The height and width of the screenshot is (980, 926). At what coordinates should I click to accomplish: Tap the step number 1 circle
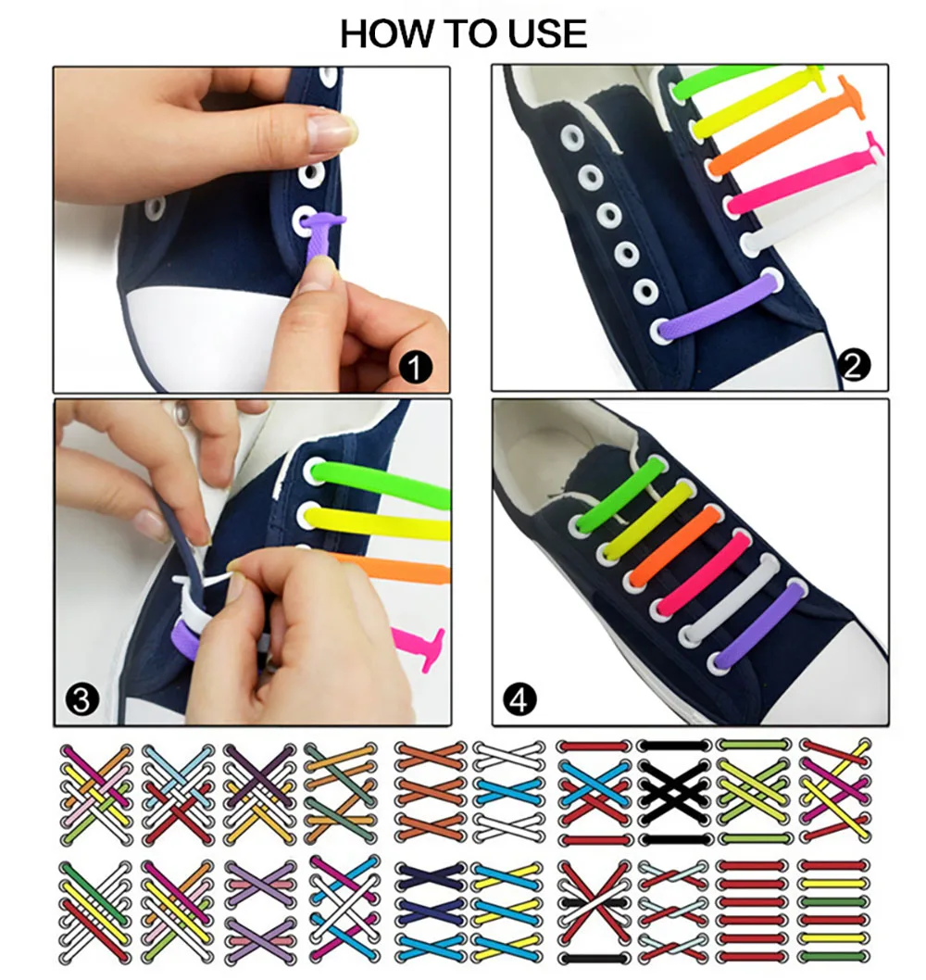coord(416,369)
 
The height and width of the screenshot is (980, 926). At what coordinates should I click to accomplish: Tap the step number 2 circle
coord(853,367)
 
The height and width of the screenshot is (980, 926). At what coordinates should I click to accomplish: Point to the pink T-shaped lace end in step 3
coord(421,642)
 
